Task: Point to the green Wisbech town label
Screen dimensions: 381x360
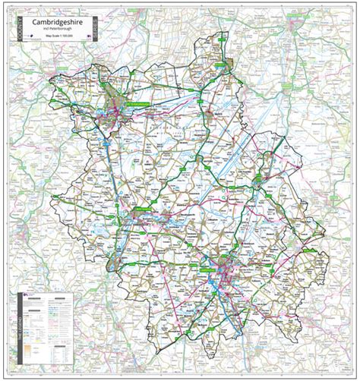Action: tap(219, 66)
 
